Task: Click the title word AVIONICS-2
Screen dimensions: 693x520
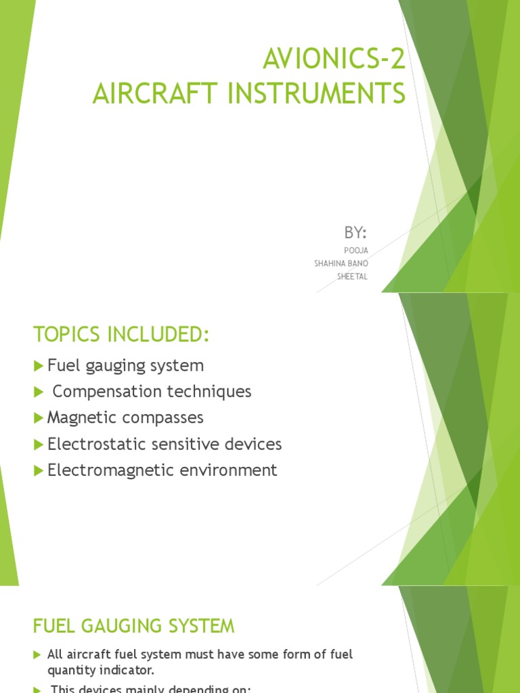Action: (x=334, y=60)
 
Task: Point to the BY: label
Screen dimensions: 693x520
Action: (x=355, y=233)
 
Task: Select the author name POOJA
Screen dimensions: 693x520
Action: (x=356, y=250)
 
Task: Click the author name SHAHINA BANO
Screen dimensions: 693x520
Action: (x=341, y=263)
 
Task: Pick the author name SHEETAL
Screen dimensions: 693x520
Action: (x=352, y=276)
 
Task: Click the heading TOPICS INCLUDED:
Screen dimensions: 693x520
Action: (x=122, y=334)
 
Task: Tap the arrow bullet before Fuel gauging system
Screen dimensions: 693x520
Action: (x=38, y=366)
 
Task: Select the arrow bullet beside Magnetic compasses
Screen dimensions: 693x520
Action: (x=38, y=418)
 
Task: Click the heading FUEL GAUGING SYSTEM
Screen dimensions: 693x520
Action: (x=134, y=627)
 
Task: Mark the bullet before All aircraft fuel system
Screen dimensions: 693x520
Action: (x=37, y=655)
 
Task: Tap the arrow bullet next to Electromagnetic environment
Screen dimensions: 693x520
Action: (x=38, y=470)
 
